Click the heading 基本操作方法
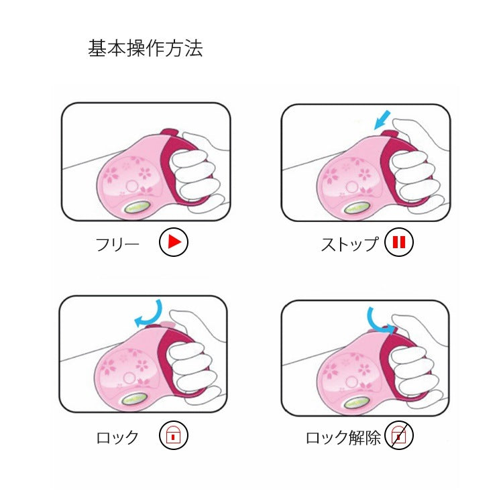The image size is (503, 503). point(146,48)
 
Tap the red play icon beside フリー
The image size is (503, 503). point(174,242)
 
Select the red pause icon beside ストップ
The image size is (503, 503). point(399,242)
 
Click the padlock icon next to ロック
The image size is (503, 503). point(174,435)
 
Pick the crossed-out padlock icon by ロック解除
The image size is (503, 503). point(399,436)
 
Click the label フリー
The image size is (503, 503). point(117,244)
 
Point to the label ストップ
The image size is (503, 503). point(349,244)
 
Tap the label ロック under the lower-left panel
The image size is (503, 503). point(117,437)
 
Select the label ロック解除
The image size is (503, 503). point(343,437)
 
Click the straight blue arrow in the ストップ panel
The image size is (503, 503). point(383,119)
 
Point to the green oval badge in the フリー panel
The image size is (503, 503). point(137,207)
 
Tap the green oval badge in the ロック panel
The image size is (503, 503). point(135,400)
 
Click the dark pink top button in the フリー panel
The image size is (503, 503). point(170,133)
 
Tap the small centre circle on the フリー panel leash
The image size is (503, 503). point(132,186)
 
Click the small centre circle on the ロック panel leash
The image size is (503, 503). point(129,378)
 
